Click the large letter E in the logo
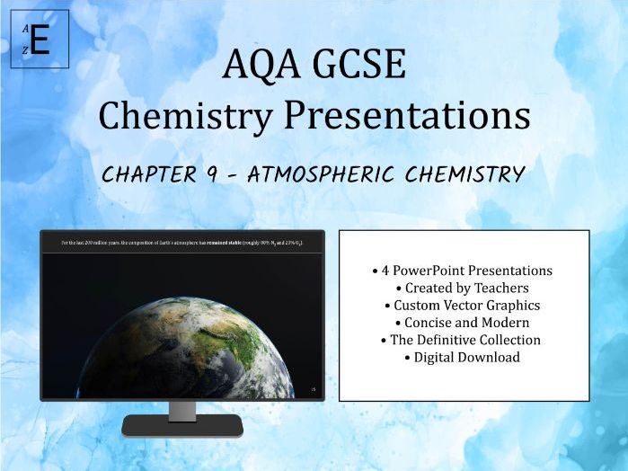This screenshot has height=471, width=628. (x=40, y=40)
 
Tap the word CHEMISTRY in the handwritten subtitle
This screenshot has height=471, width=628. (x=466, y=174)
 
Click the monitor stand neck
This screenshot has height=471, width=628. (x=182, y=409)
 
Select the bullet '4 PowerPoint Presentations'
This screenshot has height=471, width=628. (x=463, y=271)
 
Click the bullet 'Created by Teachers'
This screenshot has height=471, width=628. (x=463, y=288)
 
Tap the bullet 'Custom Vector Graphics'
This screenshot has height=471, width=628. (x=463, y=305)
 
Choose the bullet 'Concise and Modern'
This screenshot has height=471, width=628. (x=463, y=322)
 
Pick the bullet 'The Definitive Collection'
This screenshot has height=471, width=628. (x=463, y=340)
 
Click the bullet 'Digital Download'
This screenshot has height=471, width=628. (x=463, y=357)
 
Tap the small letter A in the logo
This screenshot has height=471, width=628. (x=26, y=28)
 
